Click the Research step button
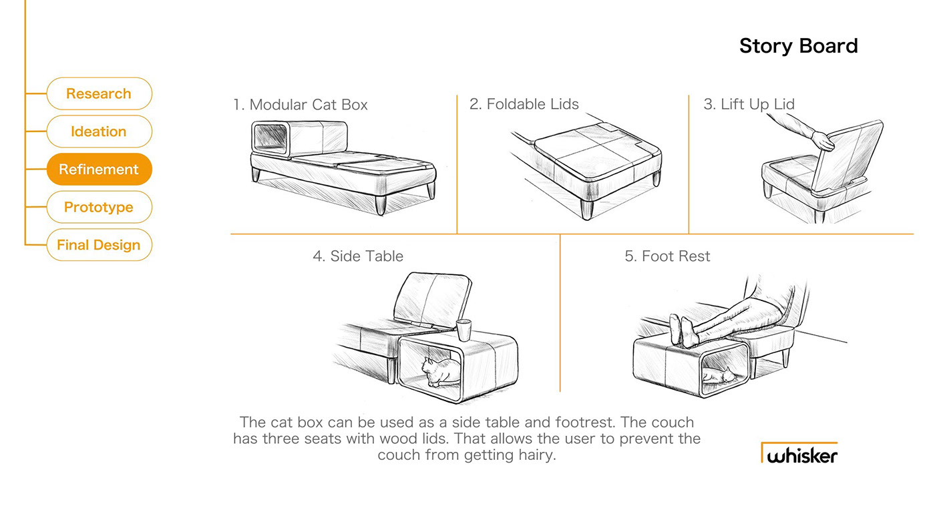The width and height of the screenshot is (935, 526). [99, 93]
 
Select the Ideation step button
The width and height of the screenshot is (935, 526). [99, 131]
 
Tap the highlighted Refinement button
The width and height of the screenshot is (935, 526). [99, 170]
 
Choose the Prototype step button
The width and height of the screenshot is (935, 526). [99, 207]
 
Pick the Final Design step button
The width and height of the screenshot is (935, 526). [99, 245]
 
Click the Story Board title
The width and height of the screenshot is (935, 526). [798, 46]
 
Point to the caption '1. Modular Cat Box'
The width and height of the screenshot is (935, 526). [301, 105]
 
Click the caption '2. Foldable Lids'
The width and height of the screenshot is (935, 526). [524, 104]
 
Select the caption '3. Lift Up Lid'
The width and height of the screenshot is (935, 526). [749, 104]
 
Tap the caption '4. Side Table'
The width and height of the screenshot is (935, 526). [358, 256]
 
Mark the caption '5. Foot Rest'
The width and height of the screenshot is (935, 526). [667, 256]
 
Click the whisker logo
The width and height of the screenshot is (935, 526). [799, 453]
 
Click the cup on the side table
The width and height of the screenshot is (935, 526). [463, 330]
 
